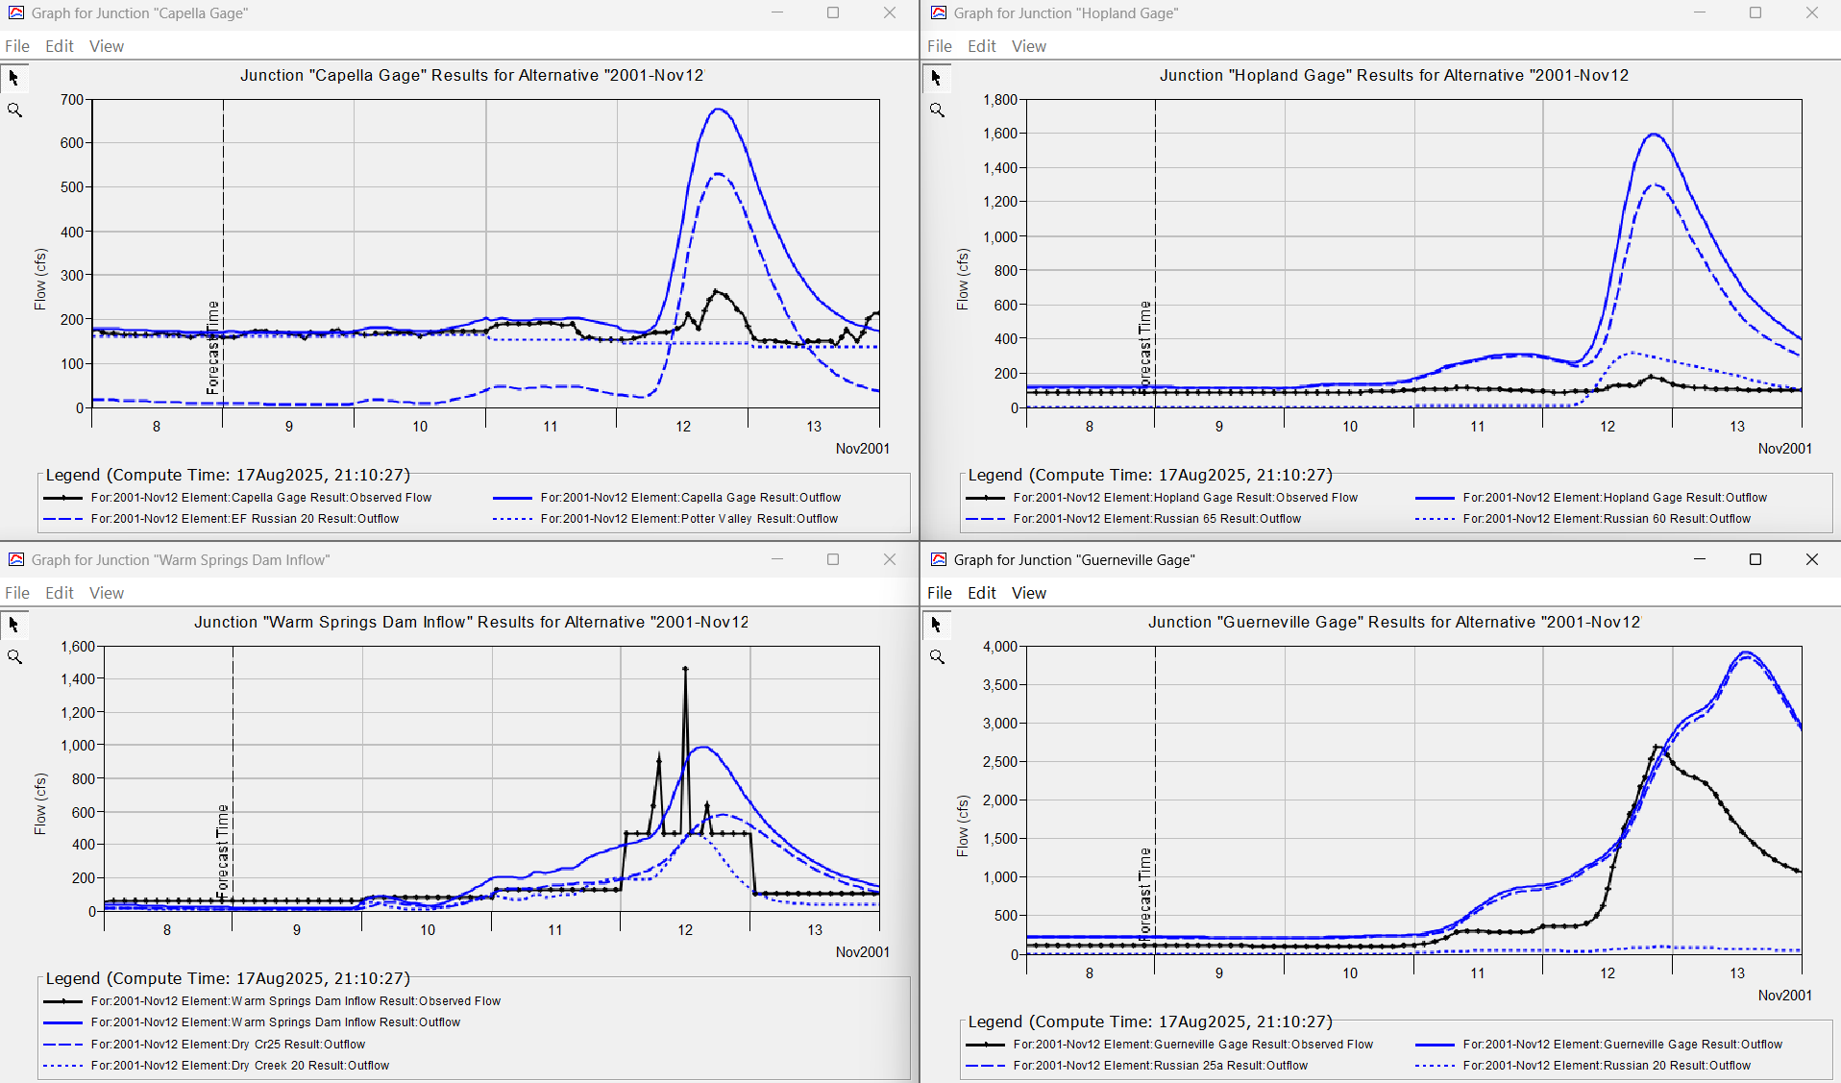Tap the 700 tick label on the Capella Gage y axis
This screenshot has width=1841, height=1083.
[72, 99]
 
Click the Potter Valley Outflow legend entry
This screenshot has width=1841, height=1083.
[689, 519]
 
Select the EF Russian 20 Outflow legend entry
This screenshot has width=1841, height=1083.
[244, 519]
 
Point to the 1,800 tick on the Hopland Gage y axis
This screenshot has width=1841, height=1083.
[1000, 99]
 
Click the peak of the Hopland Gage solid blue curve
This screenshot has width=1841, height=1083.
[1654, 135]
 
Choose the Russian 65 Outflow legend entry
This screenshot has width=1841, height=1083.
[1157, 519]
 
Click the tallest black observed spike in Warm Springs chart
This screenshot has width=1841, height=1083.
[685, 669]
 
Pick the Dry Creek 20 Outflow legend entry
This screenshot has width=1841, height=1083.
[239, 1066]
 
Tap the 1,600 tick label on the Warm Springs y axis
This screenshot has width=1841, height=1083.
[78, 647]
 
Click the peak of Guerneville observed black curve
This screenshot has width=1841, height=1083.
[1657, 747]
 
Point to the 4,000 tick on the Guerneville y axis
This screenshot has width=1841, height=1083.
[1000, 647]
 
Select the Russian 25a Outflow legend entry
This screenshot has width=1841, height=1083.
[1160, 1066]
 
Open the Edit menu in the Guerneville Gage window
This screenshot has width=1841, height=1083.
[981, 593]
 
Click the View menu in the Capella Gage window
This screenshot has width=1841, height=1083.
[106, 46]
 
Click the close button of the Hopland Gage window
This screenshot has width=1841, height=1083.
[1811, 13]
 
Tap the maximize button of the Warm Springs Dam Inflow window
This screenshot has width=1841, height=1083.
[833, 559]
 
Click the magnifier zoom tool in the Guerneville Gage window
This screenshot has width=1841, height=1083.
[937, 657]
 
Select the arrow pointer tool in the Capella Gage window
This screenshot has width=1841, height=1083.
[14, 78]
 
